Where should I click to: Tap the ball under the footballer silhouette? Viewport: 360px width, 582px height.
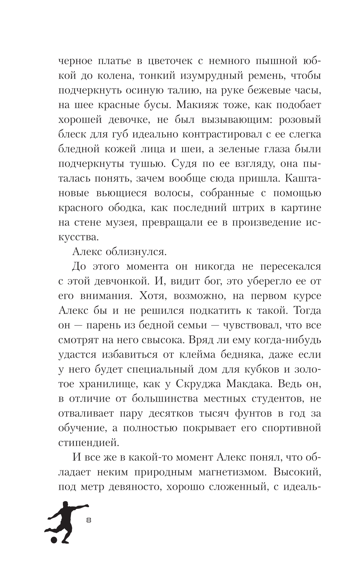click(x=54, y=540)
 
